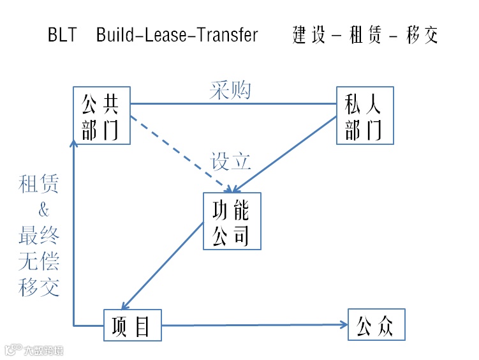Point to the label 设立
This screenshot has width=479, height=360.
click(231, 161)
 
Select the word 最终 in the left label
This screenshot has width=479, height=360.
click(40, 236)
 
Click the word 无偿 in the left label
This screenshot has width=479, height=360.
click(40, 262)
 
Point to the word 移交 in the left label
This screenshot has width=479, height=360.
click(40, 287)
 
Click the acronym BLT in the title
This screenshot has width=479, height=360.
click(62, 35)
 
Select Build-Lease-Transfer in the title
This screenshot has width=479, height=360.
click(177, 35)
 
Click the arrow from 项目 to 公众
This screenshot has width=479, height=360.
click(255, 326)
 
